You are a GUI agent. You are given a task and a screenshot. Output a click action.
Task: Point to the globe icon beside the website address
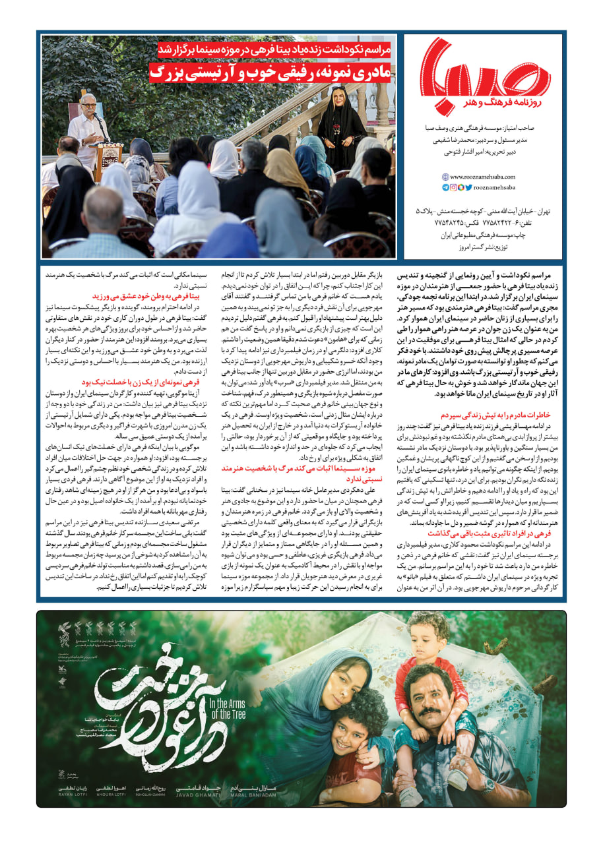point(445,177)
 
